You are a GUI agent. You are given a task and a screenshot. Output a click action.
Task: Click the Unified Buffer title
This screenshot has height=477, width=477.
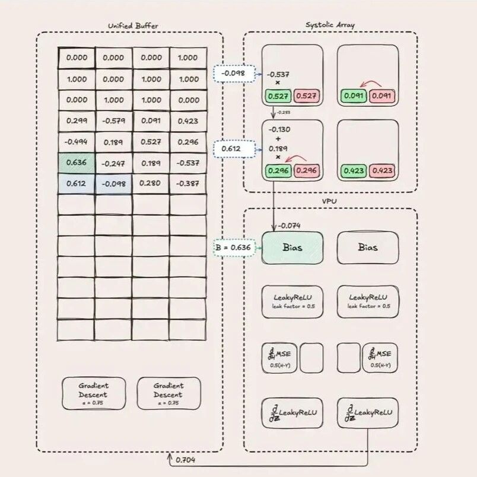[129, 26]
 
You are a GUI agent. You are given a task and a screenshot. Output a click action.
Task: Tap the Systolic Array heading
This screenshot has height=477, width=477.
[330, 25]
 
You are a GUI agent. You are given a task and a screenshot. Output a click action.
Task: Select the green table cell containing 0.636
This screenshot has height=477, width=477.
[76, 163]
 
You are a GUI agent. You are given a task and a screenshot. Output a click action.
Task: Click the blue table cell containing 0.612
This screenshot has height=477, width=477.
[76, 183]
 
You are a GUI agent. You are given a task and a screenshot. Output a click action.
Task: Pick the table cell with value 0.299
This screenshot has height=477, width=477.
[76, 121]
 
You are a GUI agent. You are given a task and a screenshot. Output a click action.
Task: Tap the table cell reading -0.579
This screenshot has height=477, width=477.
[113, 121]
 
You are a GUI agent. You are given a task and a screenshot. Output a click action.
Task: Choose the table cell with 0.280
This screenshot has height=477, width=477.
[151, 183]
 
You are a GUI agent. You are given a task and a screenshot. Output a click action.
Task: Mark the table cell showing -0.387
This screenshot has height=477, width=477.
[187, 183]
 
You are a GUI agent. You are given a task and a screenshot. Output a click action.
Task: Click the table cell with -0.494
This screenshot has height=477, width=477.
[76, 142]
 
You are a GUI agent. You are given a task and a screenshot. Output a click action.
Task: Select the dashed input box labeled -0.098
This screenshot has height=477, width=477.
[233, 74]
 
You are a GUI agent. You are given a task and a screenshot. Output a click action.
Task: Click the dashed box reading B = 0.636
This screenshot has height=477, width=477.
[234, 247]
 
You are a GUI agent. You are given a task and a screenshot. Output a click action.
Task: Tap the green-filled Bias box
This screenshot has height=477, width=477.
[292, 247]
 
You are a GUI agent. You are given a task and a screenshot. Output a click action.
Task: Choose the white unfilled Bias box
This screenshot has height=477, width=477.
[368, 247]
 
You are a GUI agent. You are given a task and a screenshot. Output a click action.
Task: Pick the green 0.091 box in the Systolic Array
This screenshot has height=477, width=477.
[354, 95]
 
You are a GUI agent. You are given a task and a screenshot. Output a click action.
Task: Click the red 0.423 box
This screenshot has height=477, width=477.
[383, 172]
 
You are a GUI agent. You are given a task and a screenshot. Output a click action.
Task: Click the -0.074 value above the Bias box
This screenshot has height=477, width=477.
[290, 225]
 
